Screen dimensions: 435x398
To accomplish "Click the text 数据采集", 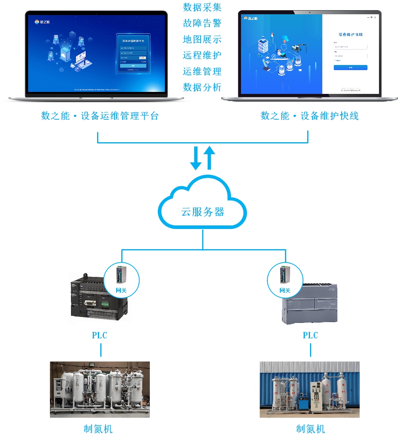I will tap(202, 8).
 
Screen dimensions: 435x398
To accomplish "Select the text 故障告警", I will tap(202, 23).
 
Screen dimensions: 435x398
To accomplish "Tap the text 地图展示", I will tap(202, 39).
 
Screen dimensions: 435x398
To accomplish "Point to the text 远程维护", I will tap(202, 55).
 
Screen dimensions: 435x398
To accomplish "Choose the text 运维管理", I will tap(202, 71).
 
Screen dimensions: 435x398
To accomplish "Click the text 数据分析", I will tap(202, 87).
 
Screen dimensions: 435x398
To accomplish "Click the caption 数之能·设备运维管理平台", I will tap(100, 116).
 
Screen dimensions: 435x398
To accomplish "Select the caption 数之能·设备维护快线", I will tap(310, 116).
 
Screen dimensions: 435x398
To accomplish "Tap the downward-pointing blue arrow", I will tap(195, 158).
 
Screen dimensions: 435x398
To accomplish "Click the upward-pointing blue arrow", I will tap(210, 158).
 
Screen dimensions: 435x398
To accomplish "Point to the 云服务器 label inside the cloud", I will tap(203, 212).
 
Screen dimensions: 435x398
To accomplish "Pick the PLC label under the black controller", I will tap(99, 335).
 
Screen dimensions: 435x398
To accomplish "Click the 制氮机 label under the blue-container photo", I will tap(310, 429).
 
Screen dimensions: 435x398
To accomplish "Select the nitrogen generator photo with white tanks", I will tap(100, 389).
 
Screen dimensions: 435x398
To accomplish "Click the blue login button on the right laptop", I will tap(350, 68).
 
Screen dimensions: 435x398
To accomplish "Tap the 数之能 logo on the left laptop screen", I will tap(42, 22).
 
